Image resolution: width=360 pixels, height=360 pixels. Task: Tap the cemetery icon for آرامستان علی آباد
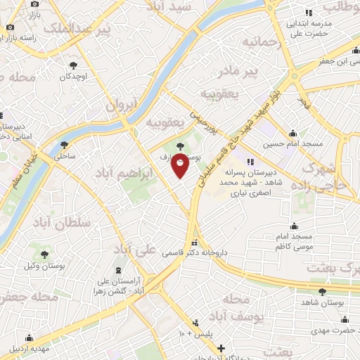pos(117,271)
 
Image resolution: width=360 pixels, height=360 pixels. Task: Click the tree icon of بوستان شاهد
pos(323,291)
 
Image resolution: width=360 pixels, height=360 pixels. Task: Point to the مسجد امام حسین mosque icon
pos(293,134)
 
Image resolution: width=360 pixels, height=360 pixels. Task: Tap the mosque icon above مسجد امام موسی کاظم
pos(294,227)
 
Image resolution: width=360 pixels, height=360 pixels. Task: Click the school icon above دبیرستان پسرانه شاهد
pos(251,162)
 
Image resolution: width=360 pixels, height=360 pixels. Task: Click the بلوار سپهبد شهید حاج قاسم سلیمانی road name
pos(232,134)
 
